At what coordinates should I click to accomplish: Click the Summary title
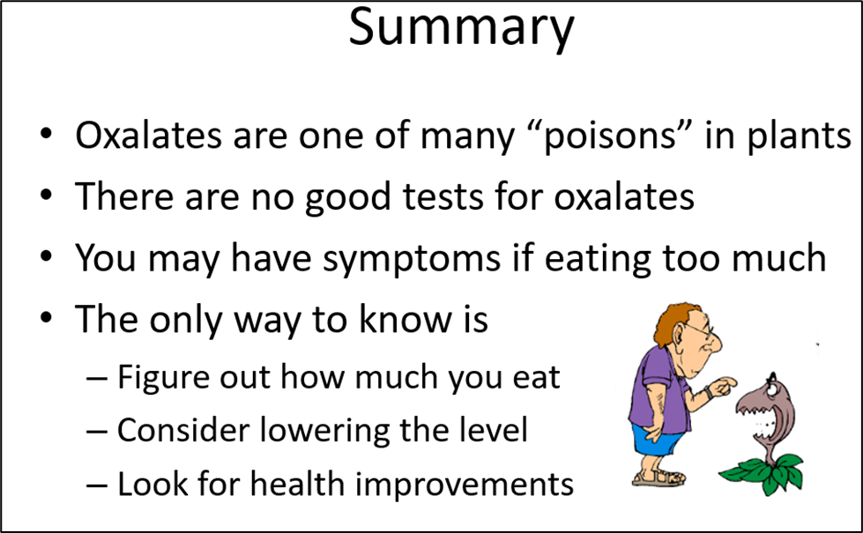(x=461, y=27)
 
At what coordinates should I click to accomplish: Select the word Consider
(x=183, y=430)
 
